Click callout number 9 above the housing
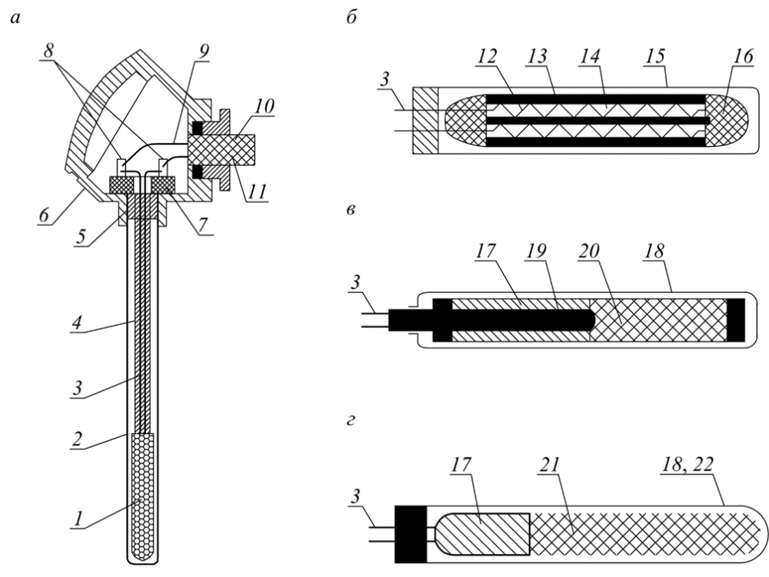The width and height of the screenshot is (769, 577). tap(204, 52)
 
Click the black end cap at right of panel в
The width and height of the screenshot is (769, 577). tap(736, 320)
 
